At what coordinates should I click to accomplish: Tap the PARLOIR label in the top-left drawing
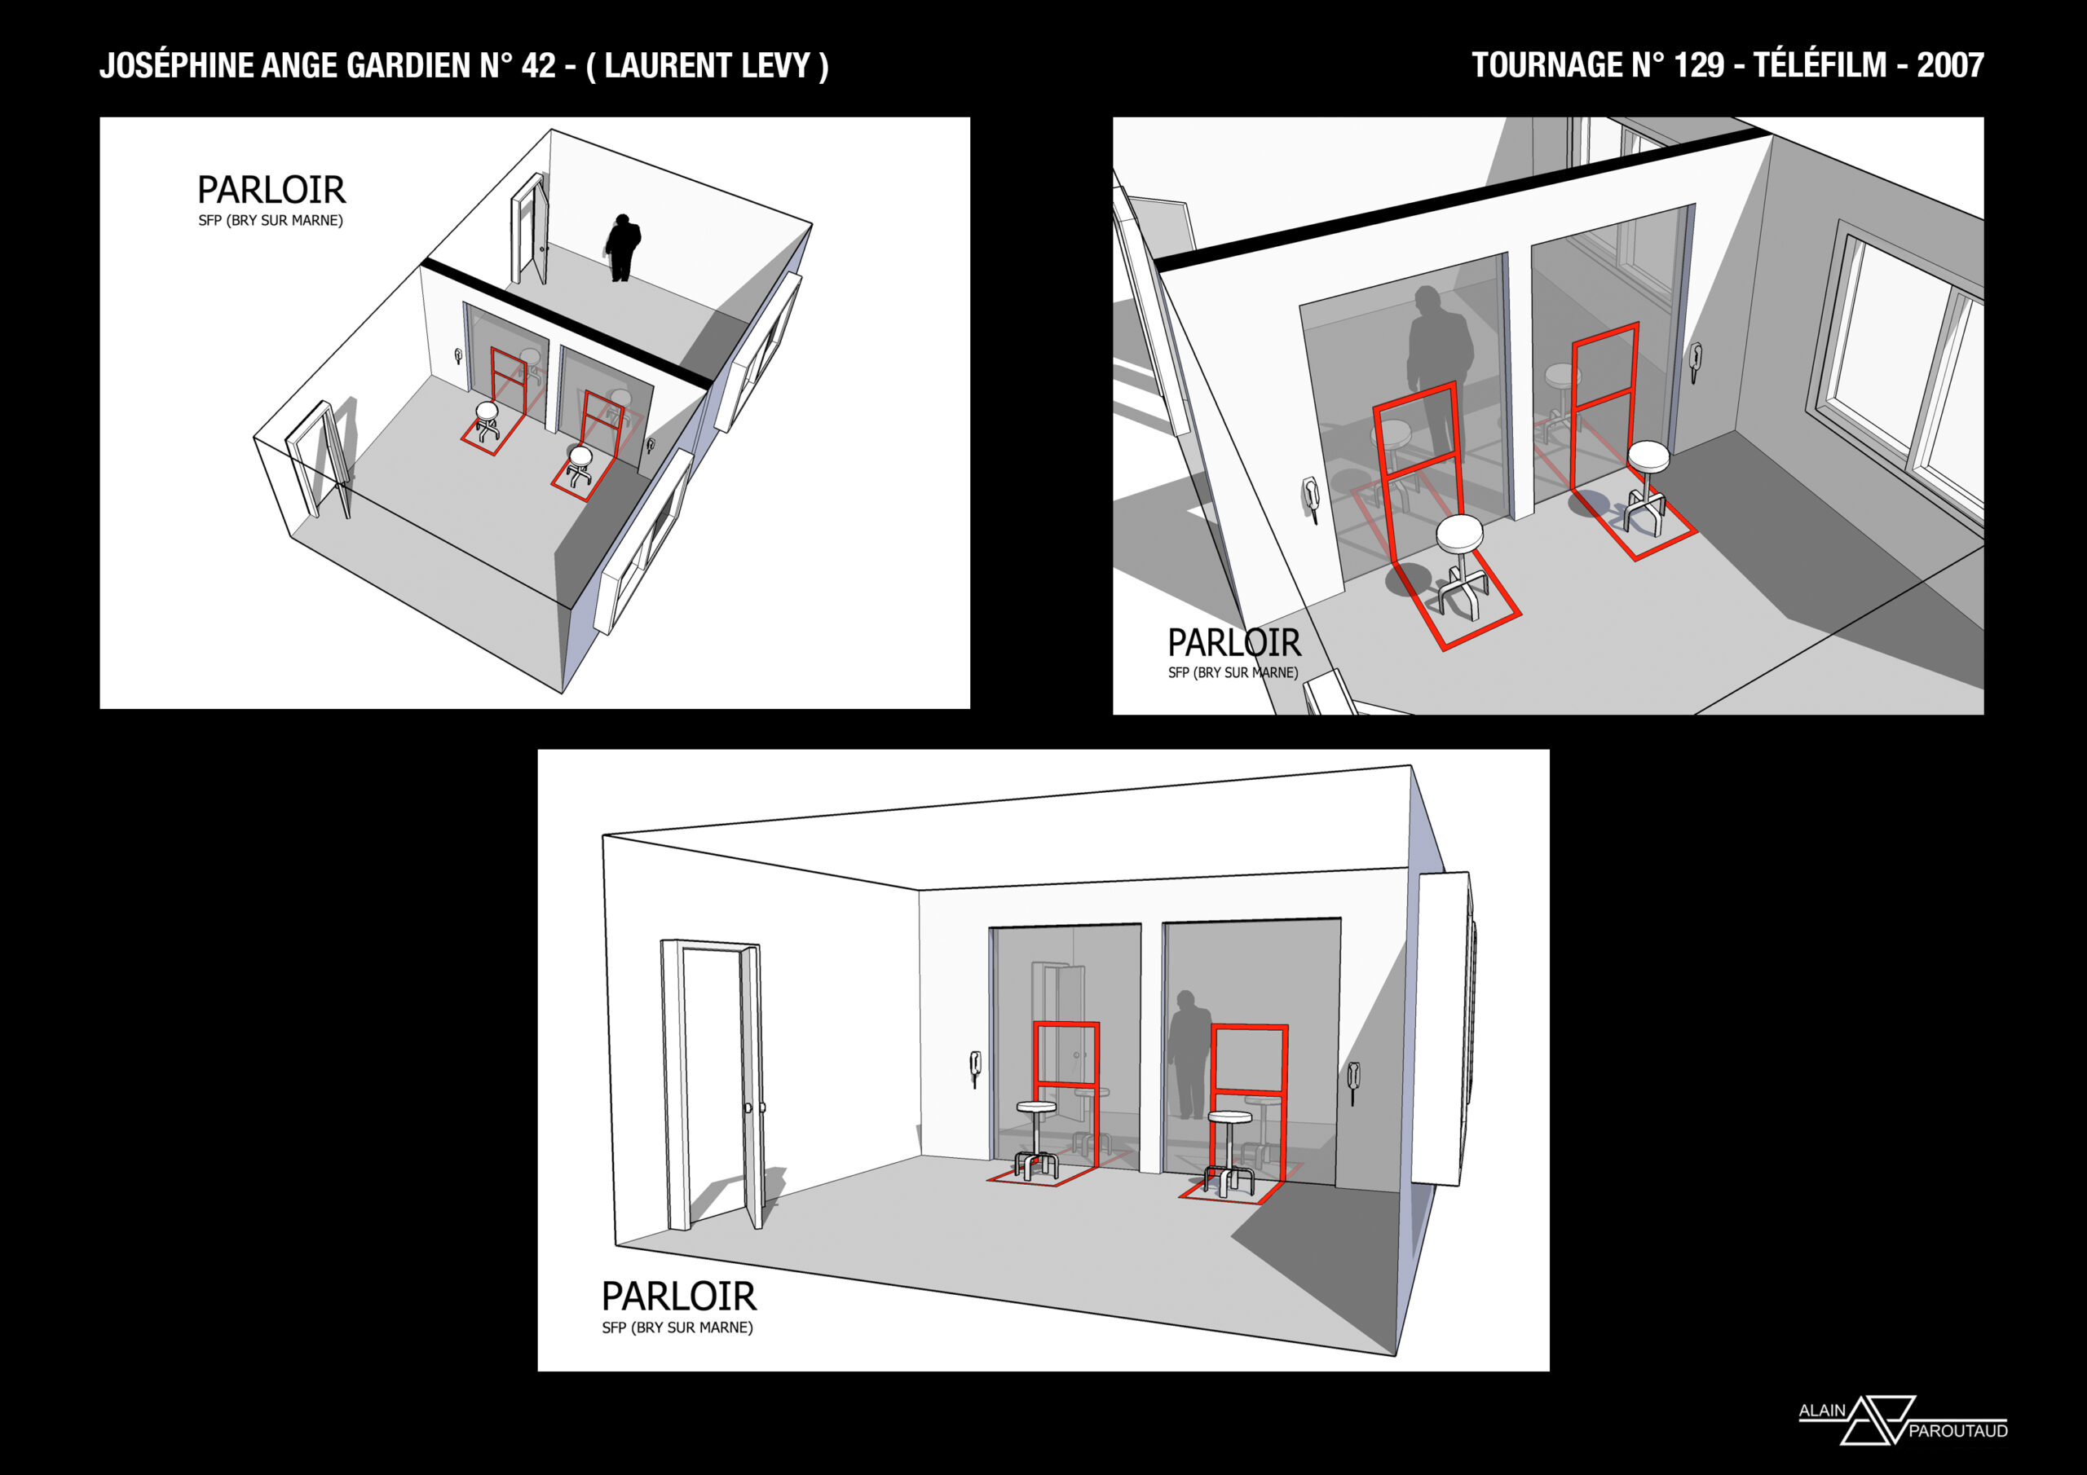(271, 190)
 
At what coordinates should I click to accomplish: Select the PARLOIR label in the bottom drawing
(679, 1295)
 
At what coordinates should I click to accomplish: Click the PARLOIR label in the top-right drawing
(1234, 642)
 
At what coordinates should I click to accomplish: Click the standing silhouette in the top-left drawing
(624, 247)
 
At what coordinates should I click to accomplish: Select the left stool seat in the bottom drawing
(1036, 1107)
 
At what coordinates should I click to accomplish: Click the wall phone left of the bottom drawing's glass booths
(975, 1068)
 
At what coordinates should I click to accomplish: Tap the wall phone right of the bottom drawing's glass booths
(1353, 1081)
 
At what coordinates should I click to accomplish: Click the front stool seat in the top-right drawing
(1460, 533)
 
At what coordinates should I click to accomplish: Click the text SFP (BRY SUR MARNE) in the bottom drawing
(677, 1327)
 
